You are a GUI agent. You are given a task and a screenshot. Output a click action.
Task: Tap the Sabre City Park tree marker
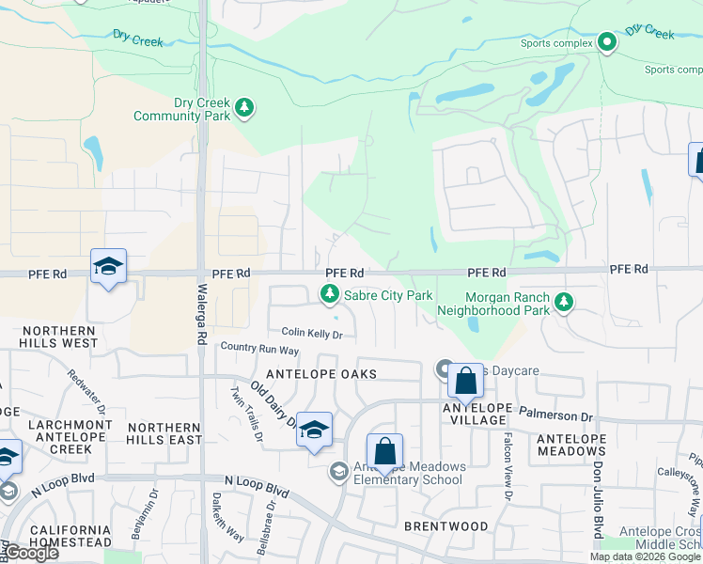pyautogui.click(x=330, y=295)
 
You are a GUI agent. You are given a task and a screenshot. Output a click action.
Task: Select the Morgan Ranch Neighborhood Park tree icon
pyautogui.click(x=563, y=302)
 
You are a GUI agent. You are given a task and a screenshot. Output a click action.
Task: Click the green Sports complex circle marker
pyautogui.click(x=607, y=41)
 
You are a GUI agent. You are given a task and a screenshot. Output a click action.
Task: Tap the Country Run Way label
pyautogui.click(x=259, y=349)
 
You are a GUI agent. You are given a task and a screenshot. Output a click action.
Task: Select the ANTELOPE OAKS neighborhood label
pyautogui.click(x=321, y=374)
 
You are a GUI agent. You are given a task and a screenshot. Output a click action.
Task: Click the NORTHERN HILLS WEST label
pyautogui.click(x=58, y=337)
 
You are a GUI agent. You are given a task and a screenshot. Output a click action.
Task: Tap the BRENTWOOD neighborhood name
pyautogui.click(x=445, y=525)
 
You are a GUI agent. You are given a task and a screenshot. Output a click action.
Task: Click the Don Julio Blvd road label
pyautogui.click(x=598, y=499)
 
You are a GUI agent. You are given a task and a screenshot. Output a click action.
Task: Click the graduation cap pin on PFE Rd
pyautogui.click(x=108, y=267)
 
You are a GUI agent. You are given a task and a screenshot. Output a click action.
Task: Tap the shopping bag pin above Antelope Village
pyautogui.click(x=464, y=381)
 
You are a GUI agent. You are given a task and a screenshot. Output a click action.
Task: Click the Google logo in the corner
pyautogui.click(x=30, y=553)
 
